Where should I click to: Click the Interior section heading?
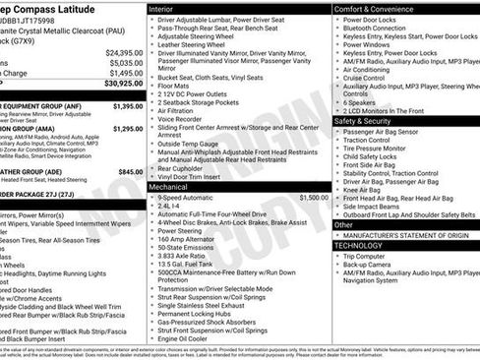tap(166, 8)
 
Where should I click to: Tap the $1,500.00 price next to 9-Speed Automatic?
tap(307, 198)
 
